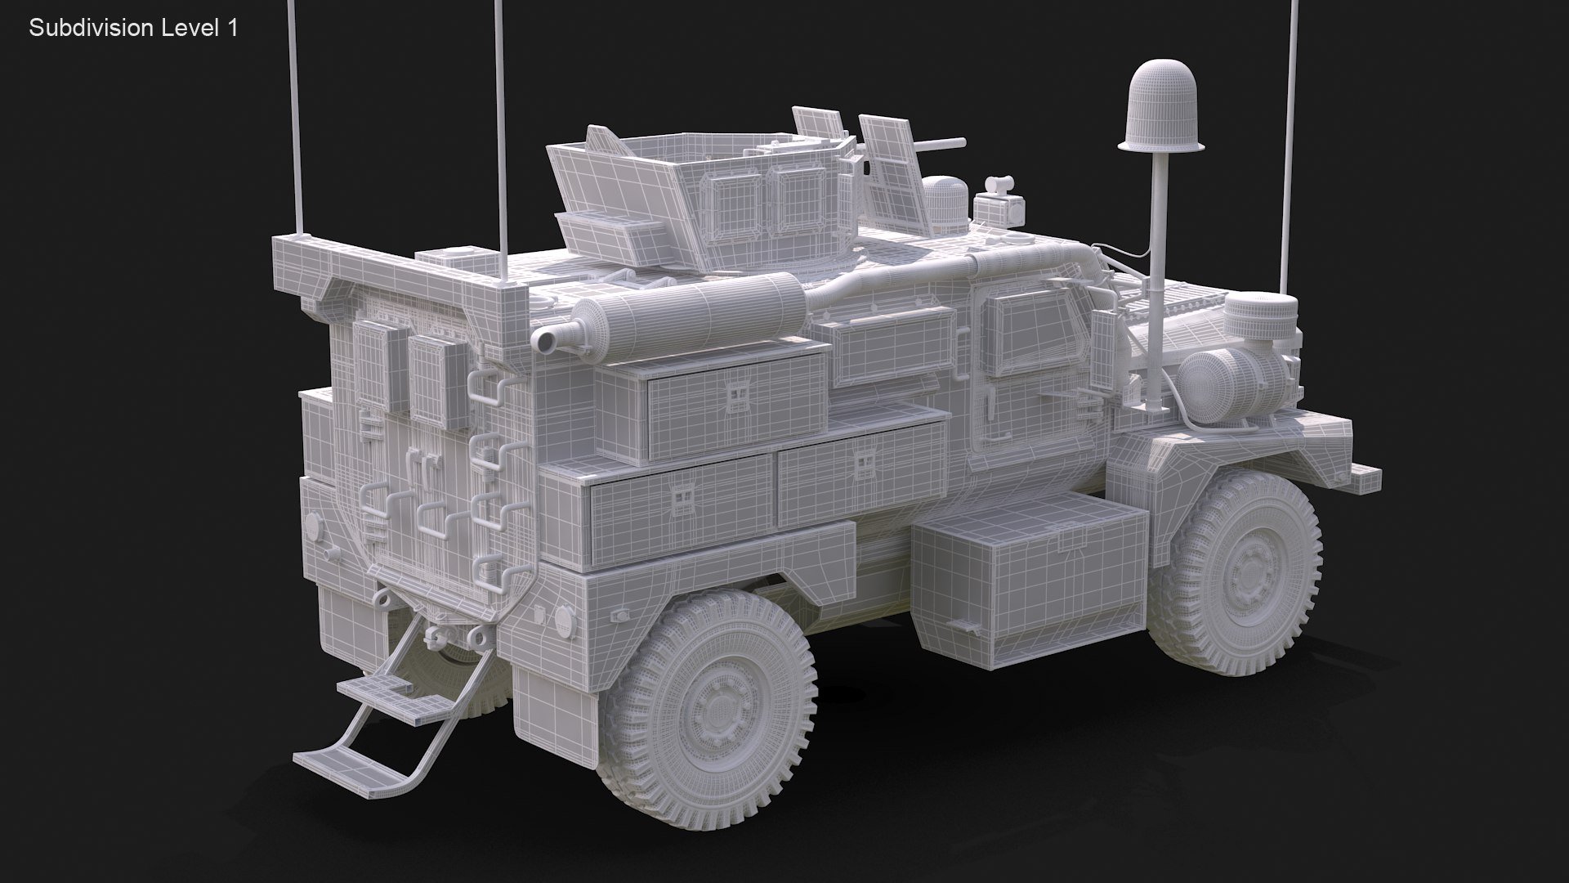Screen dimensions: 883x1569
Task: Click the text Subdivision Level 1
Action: click(x=133, y=28)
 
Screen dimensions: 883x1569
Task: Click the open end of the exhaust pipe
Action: click(x=543, y=339)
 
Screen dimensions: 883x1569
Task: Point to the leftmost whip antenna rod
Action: click(x=297, y=114)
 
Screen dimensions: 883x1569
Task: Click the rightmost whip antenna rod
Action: click(x=1290, y=147)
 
